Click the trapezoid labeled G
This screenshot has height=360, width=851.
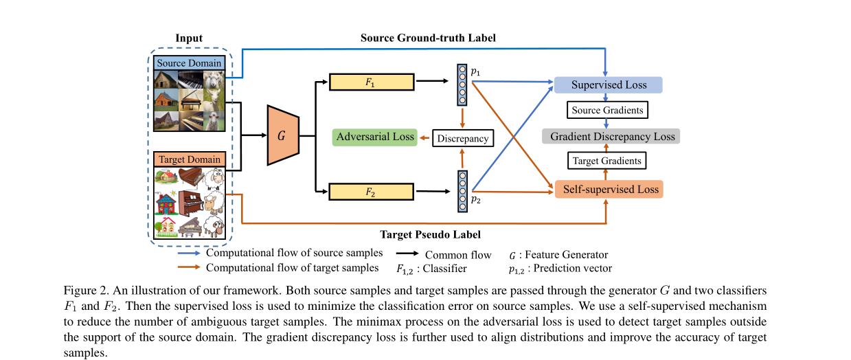[281, 136]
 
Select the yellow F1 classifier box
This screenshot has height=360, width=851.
[372, 82]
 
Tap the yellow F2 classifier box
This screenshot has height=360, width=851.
[372, 190]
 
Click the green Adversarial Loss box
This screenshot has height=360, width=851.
[375, 137]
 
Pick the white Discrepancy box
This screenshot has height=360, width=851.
[462, 138]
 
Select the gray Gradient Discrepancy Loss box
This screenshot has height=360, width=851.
[611, 136]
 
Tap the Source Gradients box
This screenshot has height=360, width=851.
[606, 110]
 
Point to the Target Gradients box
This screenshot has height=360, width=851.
[606, 161]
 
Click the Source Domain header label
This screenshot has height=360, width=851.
[189, 63]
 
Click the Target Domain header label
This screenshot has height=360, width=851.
[189, 159]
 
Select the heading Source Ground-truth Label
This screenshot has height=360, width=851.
[428, 38]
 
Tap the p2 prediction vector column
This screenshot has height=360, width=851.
[462, 188]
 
